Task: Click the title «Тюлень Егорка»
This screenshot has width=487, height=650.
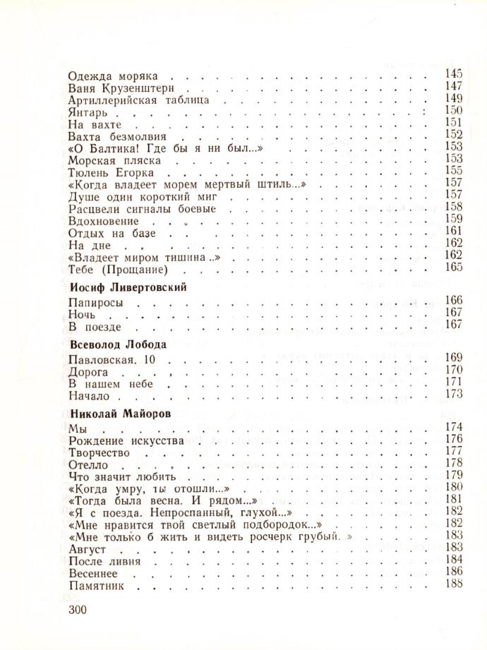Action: [112, 172]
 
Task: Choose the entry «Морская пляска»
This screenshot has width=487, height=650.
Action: [112, 160]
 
